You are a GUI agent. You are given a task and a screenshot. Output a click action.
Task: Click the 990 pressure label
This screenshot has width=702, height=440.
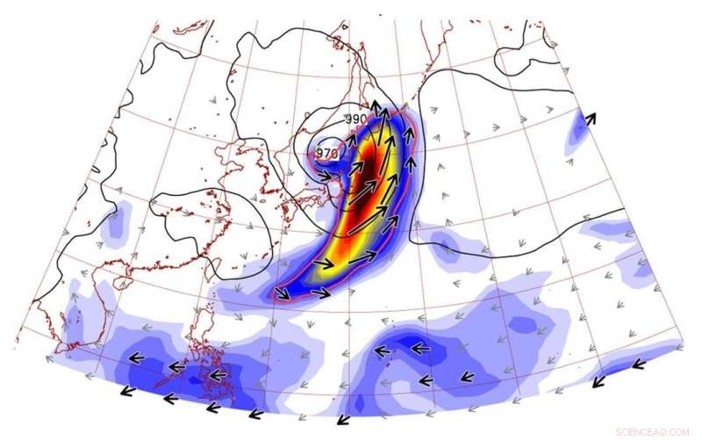355,119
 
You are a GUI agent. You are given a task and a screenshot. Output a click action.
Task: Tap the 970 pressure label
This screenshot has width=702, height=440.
326,153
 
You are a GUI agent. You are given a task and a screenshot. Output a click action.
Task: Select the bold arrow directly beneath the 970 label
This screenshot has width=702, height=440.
331,176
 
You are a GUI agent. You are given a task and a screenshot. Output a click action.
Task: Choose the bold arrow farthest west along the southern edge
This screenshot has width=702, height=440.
130,392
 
